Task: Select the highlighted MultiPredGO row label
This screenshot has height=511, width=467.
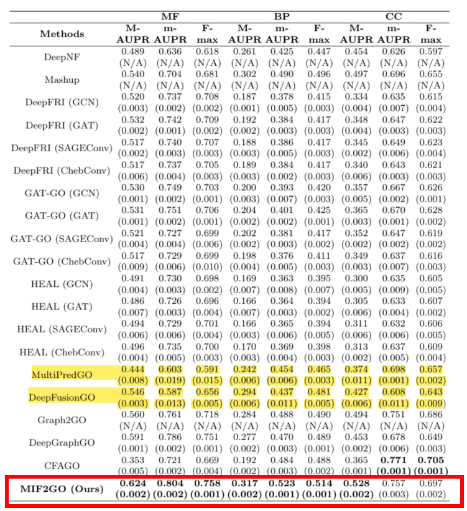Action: click(61, 374)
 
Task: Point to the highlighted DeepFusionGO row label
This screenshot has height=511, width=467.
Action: click(61, 396)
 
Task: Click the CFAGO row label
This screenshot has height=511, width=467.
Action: click(61, 465)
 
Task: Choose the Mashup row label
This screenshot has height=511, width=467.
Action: click(62, 80)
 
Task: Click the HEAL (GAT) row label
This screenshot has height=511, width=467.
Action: click(61, 306)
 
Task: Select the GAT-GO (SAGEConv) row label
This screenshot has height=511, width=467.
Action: click(61, 238)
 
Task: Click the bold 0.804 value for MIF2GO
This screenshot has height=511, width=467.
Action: click(168, 482)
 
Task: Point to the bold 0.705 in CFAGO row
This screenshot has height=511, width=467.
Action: click(432, 459)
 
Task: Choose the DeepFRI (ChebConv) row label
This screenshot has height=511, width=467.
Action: click(61, 170)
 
